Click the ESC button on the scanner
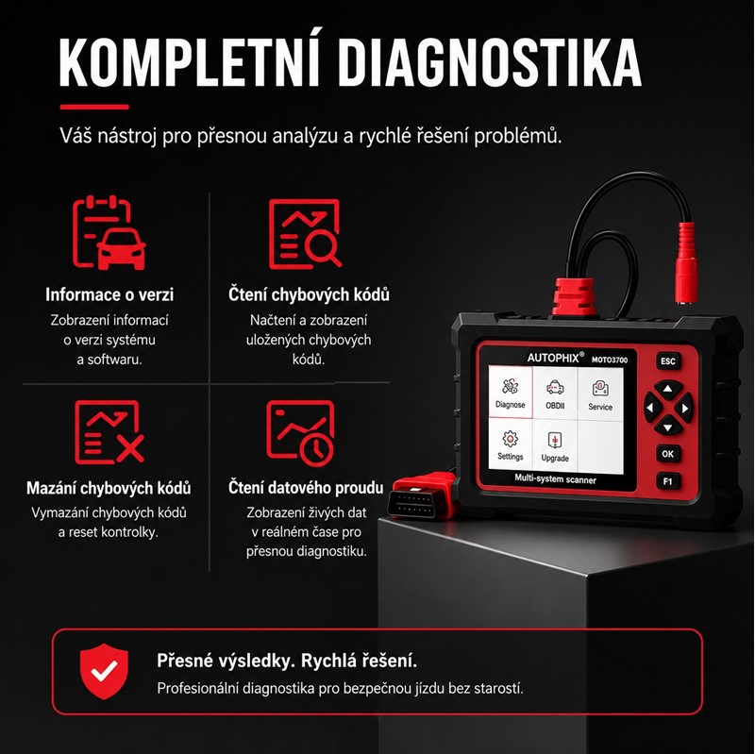[x=668, y=361]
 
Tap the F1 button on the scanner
[x=668, y=481]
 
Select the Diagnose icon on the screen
[x=511, y=393]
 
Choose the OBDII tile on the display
[x=555, y=393]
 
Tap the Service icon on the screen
[x=600, y=394]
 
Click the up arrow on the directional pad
[x=668, y=389]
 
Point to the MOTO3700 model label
[x=610, y=360]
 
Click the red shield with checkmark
[x=105, y=671]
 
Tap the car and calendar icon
[x=109, y=232]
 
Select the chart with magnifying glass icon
[x=305, y=233]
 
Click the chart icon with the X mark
[x=109, y=432]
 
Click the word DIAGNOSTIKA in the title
[x=490, y=62]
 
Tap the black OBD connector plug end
[x=411, y=504]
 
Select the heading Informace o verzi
[x=109, y=294]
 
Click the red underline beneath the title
[x=94, y=107]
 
